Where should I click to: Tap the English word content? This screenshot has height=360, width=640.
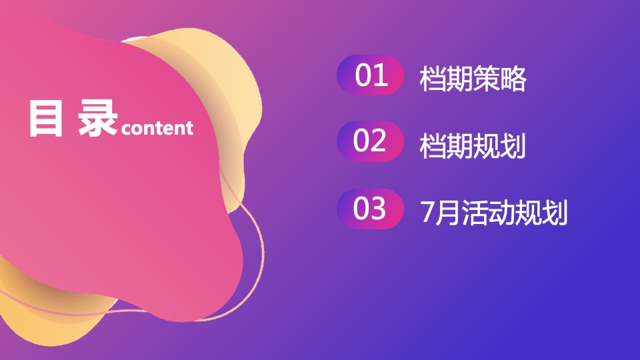pyautogui.click(x=157, y=127)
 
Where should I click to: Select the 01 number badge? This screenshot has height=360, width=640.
pyautogui.click(x=371, y=76)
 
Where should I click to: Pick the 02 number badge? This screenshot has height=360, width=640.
pyautogui.click(x=371, y=141)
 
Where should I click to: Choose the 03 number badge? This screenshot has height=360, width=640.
pyautogui.click(x=371, y=209)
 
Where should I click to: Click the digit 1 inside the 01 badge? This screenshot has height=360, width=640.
pyautogui.click(x=379, y=76)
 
